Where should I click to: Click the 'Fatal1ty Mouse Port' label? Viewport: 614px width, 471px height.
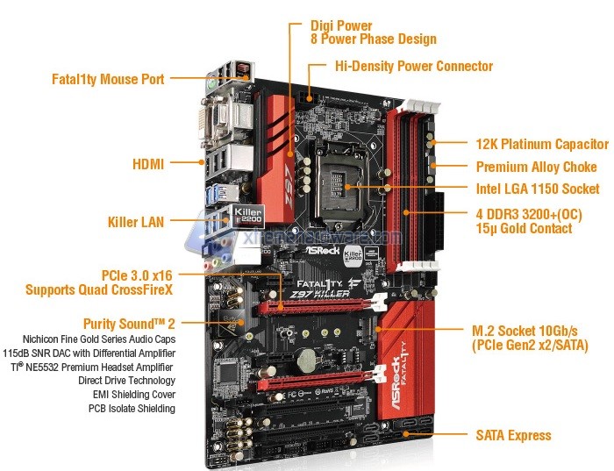[x=108, y=79]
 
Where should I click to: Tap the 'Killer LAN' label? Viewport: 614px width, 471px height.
[x=136, y=222]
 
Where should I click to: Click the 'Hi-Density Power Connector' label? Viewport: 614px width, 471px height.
[x=414, y=66]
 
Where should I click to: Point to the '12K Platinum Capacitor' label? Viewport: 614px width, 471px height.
[x=542, y=144]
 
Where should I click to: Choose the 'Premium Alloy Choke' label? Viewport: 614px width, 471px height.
[x=537, y=167]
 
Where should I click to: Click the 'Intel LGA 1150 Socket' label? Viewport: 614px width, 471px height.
[x=538, y=189]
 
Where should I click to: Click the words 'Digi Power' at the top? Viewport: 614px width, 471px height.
[x=341, y=25]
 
